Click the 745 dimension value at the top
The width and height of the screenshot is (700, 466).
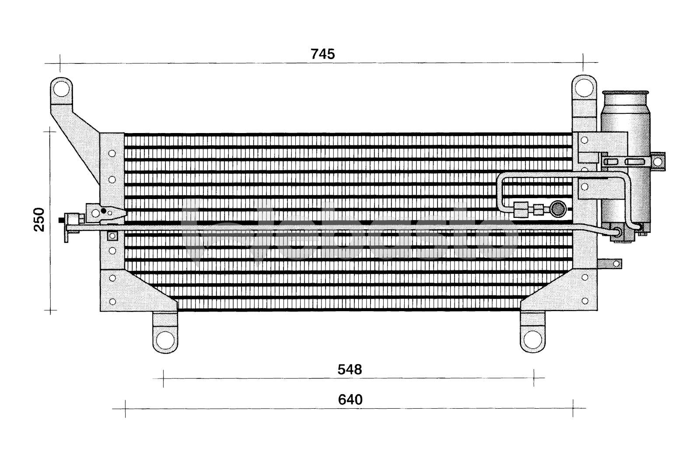point(322,54)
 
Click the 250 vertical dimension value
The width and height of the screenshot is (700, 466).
point(39,219)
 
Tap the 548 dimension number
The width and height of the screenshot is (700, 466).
point(350,370)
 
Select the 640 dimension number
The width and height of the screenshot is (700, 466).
point(350,399)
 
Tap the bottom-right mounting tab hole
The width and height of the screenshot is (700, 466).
point(532,339)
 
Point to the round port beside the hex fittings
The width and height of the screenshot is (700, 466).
point(558,209)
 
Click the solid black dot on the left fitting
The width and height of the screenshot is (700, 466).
point(104,211)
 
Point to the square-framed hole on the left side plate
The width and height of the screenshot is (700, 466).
point(112,236)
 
